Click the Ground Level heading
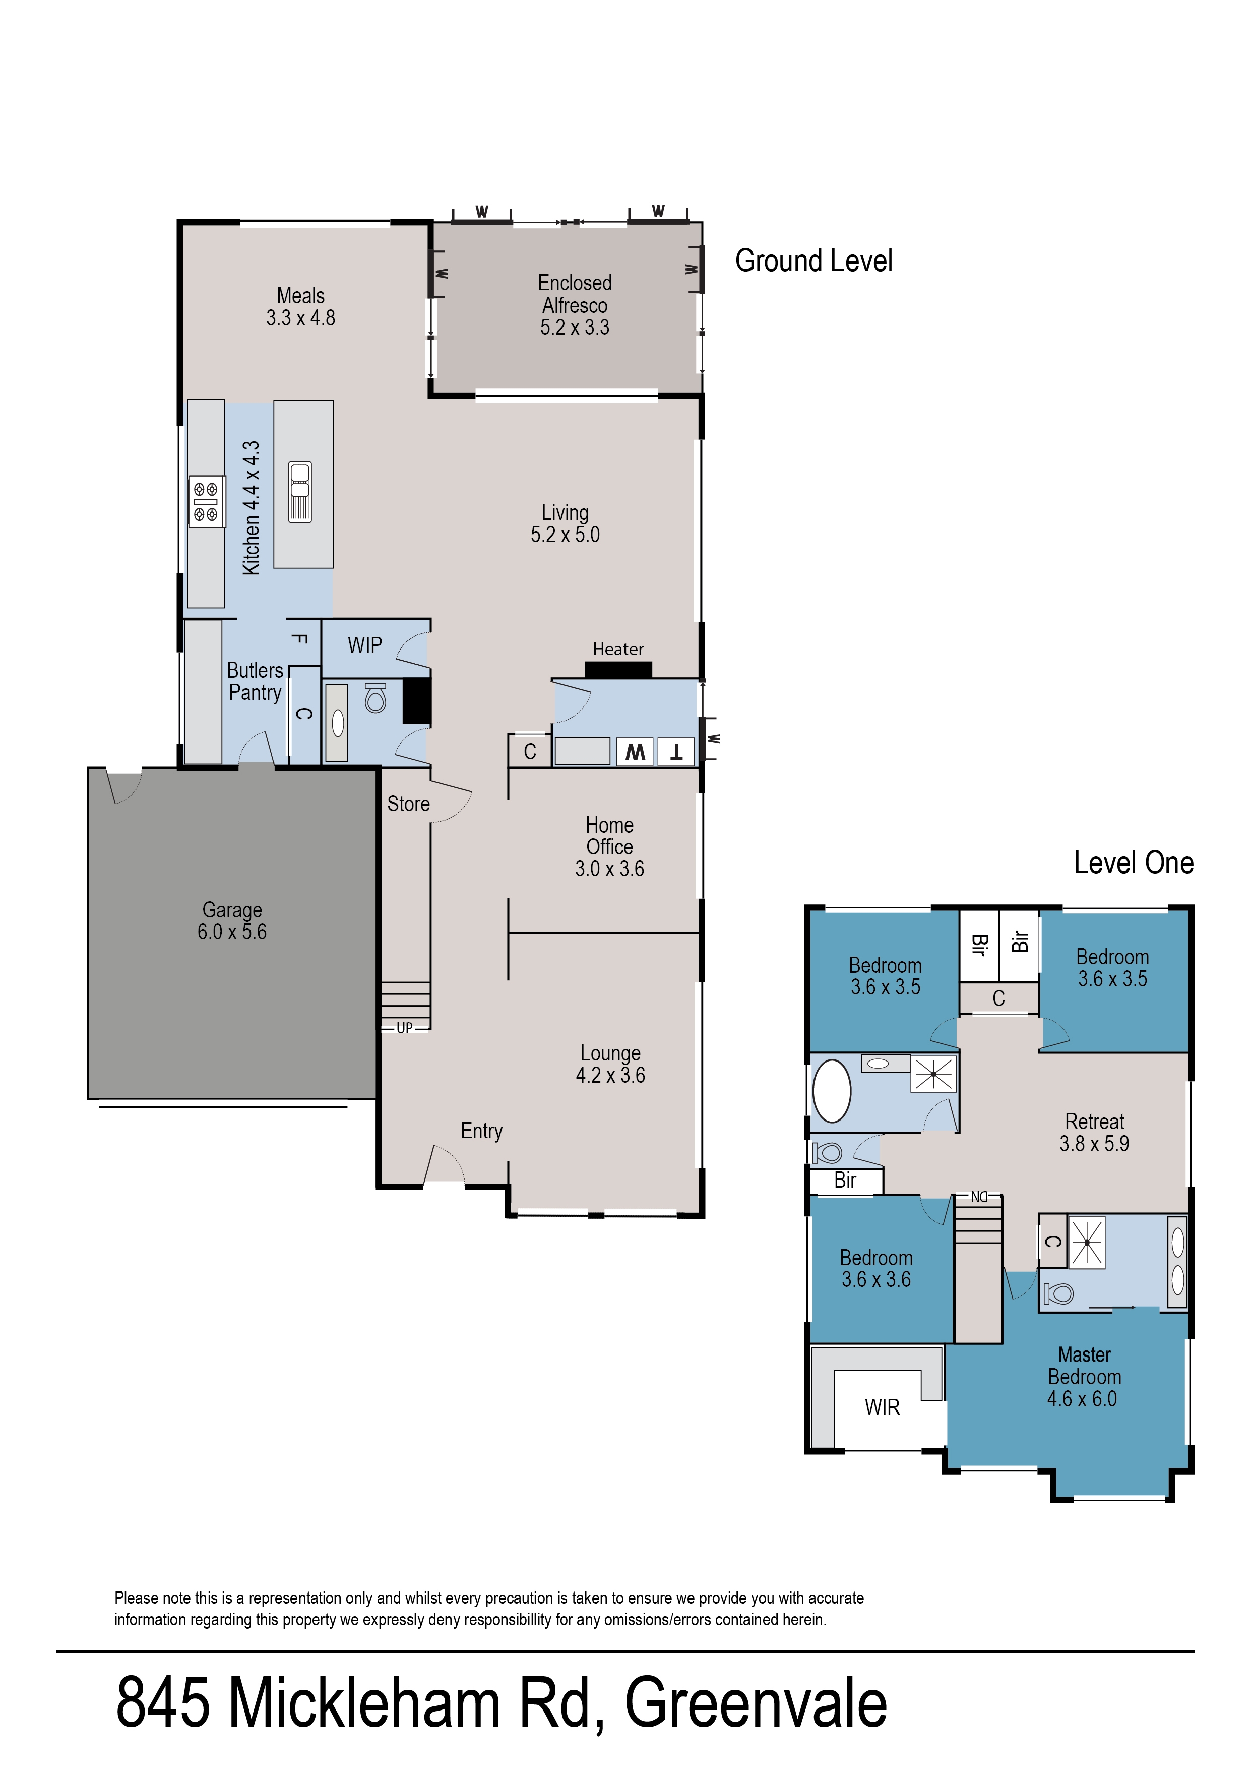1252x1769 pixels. (813, 261)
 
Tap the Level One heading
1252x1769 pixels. (1133, 863)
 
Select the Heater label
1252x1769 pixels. (617, 650)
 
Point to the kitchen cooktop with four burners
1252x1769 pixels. (206, 501)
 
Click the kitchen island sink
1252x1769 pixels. (300, 492)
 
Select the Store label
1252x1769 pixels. (408, 804)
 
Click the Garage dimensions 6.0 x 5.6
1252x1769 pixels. (232, 932)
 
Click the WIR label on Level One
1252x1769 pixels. (882, 1407)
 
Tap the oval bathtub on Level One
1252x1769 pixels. (832, 1091)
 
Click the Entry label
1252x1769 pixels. (482, 1131)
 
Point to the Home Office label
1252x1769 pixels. (610, 836)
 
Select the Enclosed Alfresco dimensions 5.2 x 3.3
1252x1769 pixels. (575, 328)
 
